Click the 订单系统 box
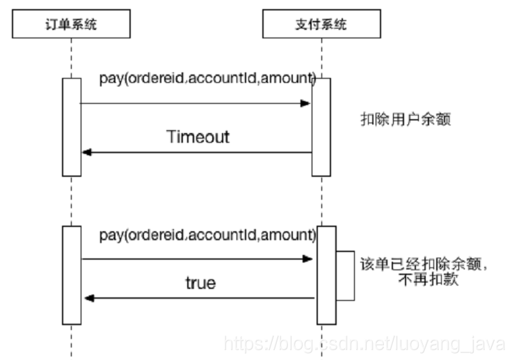click(71, 26)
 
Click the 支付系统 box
click(321, 26)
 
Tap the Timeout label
click(198, 136)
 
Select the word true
click(200, 283)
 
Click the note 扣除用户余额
click(406, 120)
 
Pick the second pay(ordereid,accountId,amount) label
click(207, 235)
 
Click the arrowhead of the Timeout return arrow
click(86, 152)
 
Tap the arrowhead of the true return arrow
click(88, 298)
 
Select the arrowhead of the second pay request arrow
click(309, 259)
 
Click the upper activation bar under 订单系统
click(71, 127)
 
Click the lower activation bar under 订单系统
click(72, 275)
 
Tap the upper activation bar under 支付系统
click(321, 127)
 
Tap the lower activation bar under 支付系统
click(326, 275)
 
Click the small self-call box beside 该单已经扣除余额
click(346, 275)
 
